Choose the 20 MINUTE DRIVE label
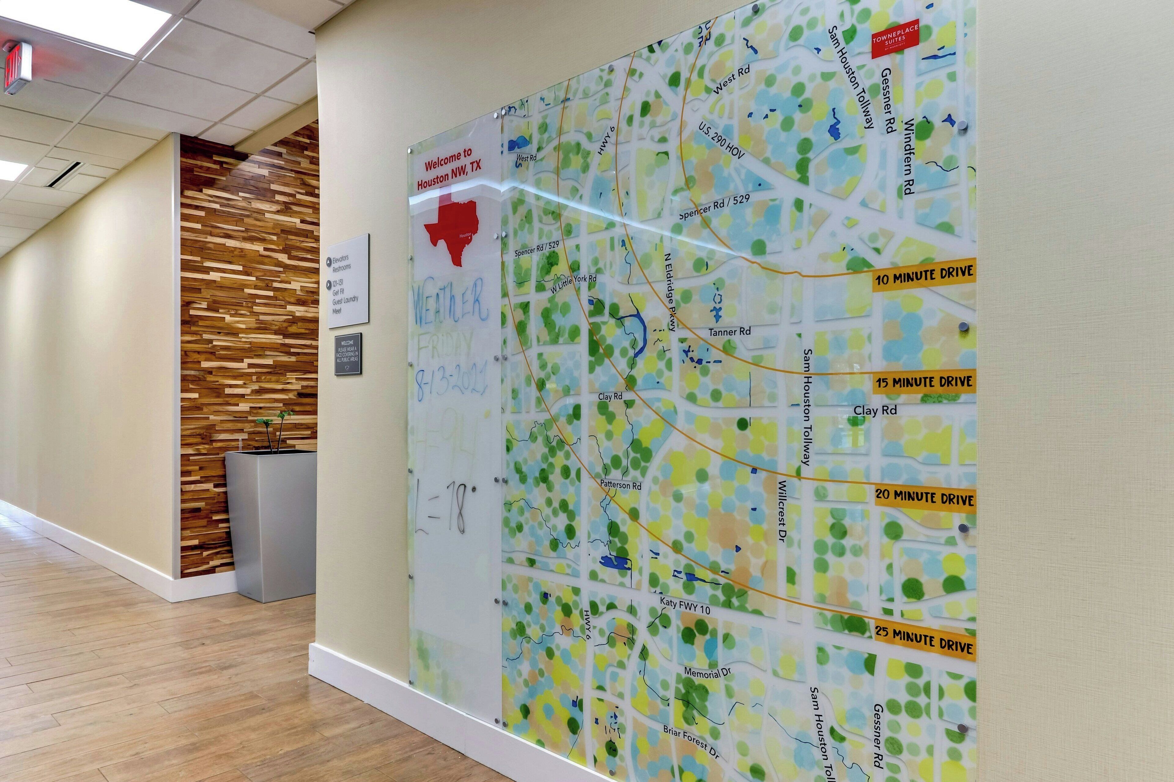click(x=925, y=497)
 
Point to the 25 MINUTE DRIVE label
click(x=925, y=641)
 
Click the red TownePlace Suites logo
click(x=895, y=38)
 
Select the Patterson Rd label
click(x=620, y=485)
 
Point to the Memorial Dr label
click(x=707, y=672)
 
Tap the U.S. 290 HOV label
click(x=721, y=141)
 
